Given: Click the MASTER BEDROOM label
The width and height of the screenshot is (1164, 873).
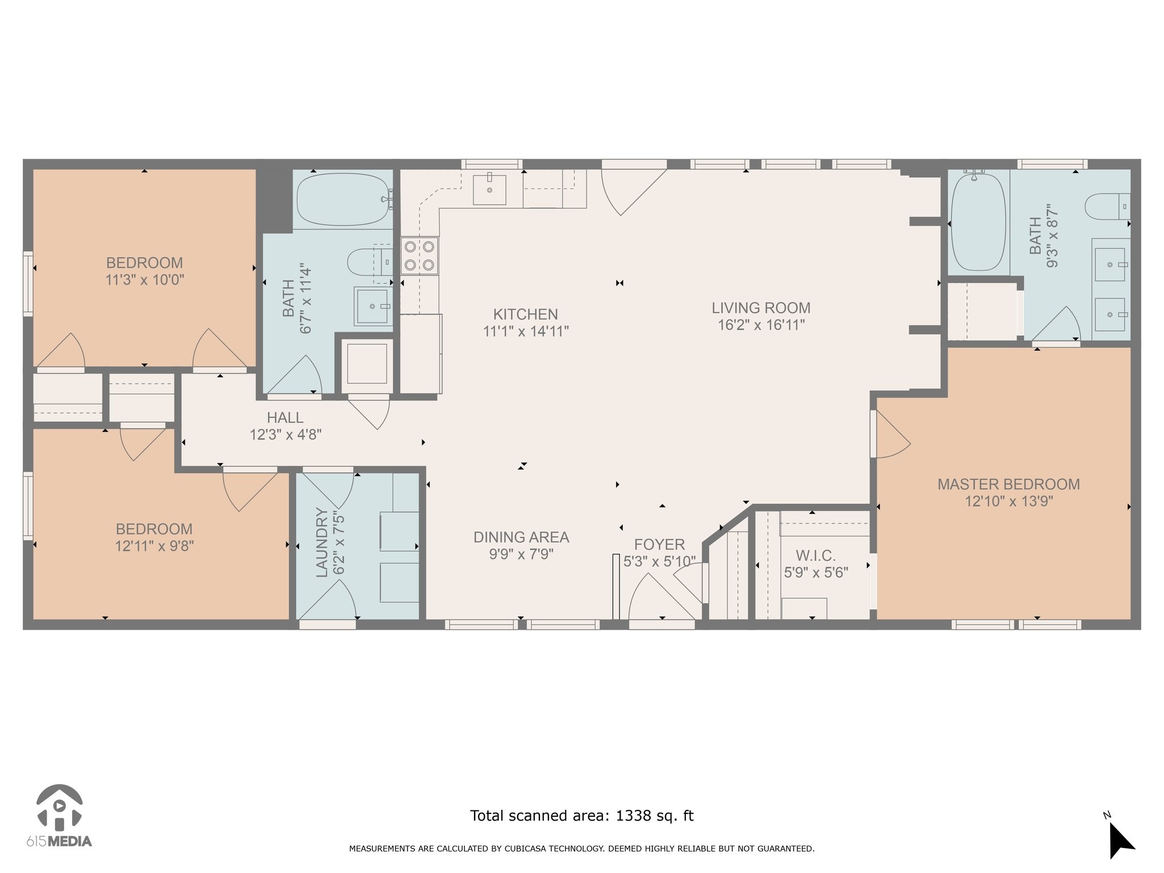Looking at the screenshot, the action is click(x=1009, y=484).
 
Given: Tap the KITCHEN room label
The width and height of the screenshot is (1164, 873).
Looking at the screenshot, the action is click(x=526, y=314).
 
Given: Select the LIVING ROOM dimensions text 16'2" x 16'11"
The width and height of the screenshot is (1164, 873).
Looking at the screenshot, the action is click(x=761, y=325).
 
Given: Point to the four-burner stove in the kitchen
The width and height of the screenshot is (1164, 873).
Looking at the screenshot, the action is click(x=419, y=256).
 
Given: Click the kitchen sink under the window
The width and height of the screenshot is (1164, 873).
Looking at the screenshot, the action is click(x=489, y=190).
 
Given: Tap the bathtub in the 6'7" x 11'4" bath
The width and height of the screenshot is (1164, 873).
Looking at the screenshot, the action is click(x=344, y=199).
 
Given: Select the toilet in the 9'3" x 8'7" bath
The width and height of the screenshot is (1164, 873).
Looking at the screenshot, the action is click(x=1107, y=206).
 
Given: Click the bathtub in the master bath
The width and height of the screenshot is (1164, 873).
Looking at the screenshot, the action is click(x=978, y=222).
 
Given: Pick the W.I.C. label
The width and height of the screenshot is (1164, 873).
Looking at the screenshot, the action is click(x=816, y=555).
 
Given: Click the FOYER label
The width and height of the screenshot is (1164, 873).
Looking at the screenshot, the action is click(x=659, y=544).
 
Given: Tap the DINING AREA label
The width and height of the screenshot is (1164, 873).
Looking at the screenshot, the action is click(x=521, y=537).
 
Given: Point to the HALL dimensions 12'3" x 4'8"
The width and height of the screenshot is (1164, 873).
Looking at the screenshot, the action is click(x=286, y=435).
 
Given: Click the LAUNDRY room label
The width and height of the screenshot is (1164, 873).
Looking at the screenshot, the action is click(x=322, y=543).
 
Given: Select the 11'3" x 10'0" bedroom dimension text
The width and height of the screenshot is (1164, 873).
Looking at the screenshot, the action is click(x=145, y=280).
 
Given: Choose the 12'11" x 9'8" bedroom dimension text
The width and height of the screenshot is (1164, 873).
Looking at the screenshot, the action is click(x=155, y=546).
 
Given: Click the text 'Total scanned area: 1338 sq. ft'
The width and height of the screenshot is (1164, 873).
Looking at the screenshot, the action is click(x=582, y=816).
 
